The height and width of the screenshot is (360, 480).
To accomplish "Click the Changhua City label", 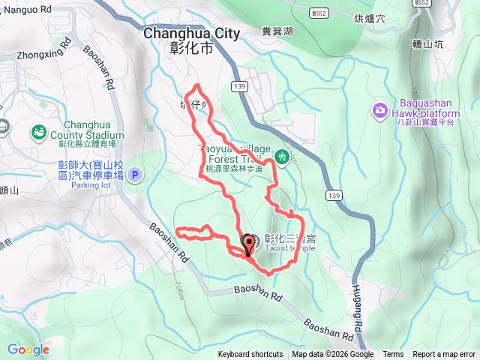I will coord(191,33).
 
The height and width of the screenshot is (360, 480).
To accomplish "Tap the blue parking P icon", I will coord(135,175).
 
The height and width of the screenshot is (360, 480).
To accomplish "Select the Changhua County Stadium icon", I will coord(37,133).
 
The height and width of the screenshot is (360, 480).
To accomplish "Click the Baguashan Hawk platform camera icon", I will coord(380,111).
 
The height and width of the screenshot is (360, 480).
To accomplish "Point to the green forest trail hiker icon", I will coord(282,157).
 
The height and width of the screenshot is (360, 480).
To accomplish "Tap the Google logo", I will coord(28,349).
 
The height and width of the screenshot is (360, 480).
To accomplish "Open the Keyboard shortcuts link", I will coord(250,355).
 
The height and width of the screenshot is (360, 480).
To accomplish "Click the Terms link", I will coord(393,355).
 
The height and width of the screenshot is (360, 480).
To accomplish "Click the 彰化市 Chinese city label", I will coord(191,49).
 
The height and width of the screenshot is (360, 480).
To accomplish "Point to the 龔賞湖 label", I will coord(277,31).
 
